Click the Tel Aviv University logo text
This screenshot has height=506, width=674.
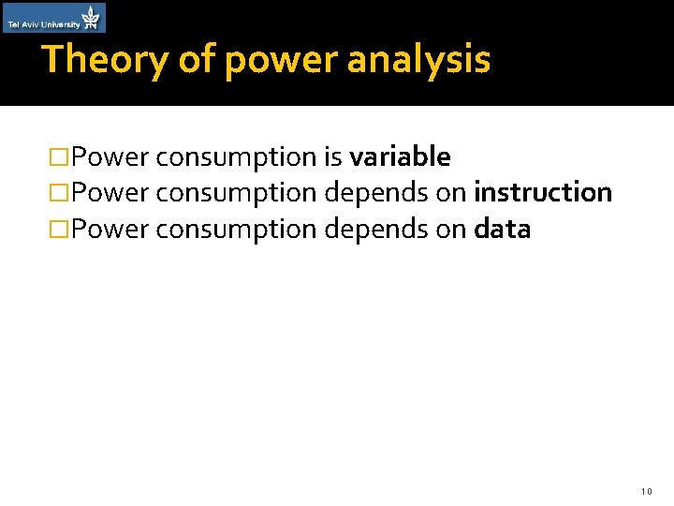(x=43, y=24)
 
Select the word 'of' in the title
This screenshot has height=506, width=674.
(x=198, y=59)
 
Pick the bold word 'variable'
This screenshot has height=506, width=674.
(x=400, y=156)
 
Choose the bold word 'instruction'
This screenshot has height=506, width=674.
(x=543, y=192)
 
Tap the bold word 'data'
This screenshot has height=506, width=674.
(x=503, y=229)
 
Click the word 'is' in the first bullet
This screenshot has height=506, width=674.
(x=332, y=156)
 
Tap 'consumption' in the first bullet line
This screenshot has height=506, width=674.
(x=237, y=157)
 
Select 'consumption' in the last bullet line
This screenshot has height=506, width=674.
(x=237, y=231)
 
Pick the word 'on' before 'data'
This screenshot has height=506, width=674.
(x=451, y=230)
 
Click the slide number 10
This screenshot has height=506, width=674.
(x=646, y=491)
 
